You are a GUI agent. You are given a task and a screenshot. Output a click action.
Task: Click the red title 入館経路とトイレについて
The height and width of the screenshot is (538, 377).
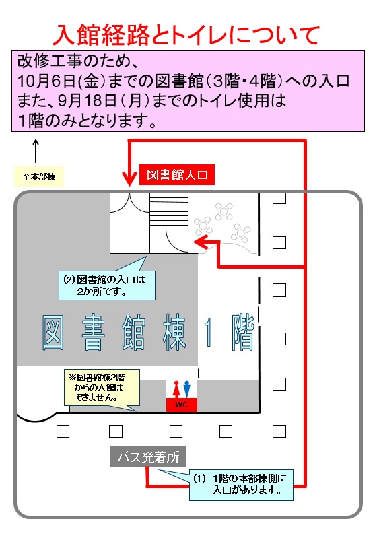point(186,35)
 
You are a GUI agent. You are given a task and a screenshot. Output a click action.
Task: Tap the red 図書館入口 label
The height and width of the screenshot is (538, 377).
point(176,175)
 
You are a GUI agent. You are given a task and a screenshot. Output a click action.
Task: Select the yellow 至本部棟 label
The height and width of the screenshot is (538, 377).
point(39,177)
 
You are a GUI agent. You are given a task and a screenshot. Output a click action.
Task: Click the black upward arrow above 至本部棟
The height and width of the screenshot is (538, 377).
point(36,151)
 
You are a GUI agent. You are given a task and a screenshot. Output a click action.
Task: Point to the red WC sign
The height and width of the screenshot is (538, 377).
point(182,405)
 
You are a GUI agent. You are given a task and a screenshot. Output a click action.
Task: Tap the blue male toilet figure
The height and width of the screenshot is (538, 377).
point(186,389)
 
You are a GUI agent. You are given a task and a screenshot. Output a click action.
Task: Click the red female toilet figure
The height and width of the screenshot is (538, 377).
point(176,389)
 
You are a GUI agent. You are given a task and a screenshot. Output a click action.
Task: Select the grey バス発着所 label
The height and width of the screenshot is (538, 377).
point(148,457)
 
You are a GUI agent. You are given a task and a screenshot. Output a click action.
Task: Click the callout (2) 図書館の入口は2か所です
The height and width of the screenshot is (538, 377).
point(106,285)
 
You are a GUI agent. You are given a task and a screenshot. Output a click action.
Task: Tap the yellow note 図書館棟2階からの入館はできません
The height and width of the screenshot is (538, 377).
point(102,388)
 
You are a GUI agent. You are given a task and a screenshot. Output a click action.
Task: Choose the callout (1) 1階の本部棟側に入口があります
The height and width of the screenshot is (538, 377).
point(241,485)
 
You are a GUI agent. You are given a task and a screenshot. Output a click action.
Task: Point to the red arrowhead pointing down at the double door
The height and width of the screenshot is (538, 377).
point(129,180)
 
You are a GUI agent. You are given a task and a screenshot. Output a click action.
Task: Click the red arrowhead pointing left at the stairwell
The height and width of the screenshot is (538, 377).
point(200,242)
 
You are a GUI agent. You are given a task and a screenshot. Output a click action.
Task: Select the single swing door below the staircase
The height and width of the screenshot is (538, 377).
point(176,242)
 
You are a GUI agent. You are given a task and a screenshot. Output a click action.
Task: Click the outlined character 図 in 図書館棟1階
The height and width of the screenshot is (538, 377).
point(53,333)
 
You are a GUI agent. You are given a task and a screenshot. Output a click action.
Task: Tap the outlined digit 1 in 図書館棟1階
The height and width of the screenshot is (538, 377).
point(208,333)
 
